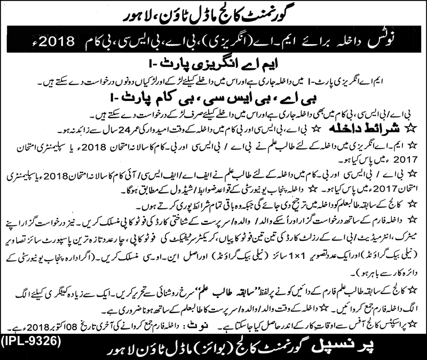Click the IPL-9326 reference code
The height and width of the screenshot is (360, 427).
pyautogui.click(x=33, y=340)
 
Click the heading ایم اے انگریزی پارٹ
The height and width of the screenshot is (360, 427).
pyautogui.click(x=224, y=66)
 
